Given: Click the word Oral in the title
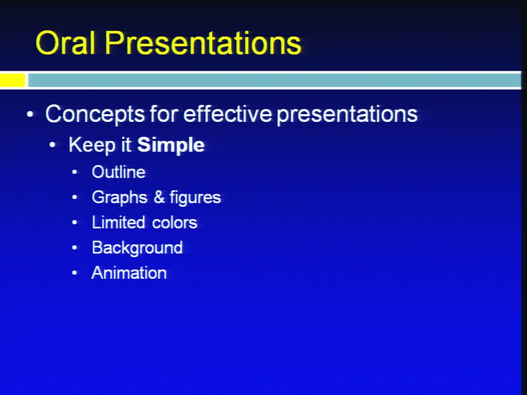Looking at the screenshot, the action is pyautogui.click(x=65, y=43).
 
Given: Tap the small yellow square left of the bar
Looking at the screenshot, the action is pyautogui.click(x=13, y=80).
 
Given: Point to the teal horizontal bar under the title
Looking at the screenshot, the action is pyautogui.click(x=274, y=80).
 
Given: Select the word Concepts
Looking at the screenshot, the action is pyautogui.click(x=95, y=114).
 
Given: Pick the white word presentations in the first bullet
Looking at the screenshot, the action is pyautogui.click(x=347, y=115).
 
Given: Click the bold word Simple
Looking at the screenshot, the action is pyautogui.click(x=171, y=145).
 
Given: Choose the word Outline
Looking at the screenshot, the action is pyautogui.click(x=119, y=172).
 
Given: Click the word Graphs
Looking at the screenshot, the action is pyautogui.click(x=120, y=198).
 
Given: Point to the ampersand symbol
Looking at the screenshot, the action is pyautogui.click(x=159, y=197).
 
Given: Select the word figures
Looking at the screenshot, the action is pyautogui.click(x=195, y=198).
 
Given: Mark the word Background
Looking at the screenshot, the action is pyautogui.click(x=137, y=248).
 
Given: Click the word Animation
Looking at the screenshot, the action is pyautogui.click(x=129, y=273).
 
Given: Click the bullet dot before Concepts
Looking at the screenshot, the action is pyautogui.click(x=30, y=115).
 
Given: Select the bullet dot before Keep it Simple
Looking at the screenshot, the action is pyautogui.click(x=53, y=145).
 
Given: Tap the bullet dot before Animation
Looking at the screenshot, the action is pyautogui.click(x=75, y=273).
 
